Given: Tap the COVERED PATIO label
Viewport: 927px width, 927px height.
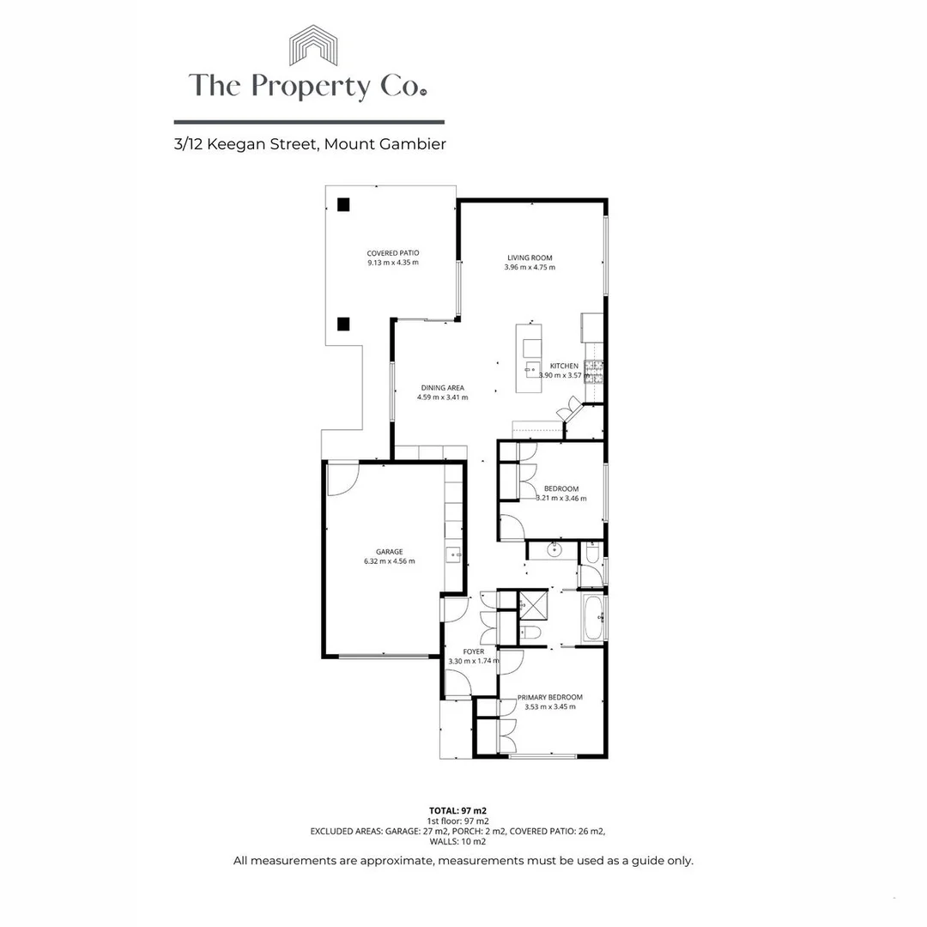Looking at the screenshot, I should [392, 253].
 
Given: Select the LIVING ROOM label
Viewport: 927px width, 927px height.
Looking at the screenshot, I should [530, 257].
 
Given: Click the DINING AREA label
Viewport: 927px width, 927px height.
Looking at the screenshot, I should [443, 388].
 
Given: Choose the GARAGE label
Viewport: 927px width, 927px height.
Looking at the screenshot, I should [389, 552].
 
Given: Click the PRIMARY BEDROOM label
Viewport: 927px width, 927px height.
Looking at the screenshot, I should [550, 697].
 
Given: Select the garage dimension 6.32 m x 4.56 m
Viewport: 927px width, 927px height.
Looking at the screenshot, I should [389, 561].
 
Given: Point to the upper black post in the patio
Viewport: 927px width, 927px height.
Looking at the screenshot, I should [343, 204].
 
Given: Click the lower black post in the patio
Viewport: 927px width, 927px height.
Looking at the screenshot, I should [343, 324].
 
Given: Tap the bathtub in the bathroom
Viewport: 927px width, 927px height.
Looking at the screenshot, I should [593, 618].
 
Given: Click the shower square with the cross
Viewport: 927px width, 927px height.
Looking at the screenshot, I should [533, 604].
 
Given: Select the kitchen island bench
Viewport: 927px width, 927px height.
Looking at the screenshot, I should [529, 358].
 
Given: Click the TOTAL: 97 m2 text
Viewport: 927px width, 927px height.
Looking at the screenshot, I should [463, 810].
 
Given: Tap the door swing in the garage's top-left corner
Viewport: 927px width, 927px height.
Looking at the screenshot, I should [342, 479].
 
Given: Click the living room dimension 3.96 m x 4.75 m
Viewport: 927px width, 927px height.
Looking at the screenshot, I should [530, 267].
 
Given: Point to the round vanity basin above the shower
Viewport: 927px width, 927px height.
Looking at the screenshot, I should [554, 549].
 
